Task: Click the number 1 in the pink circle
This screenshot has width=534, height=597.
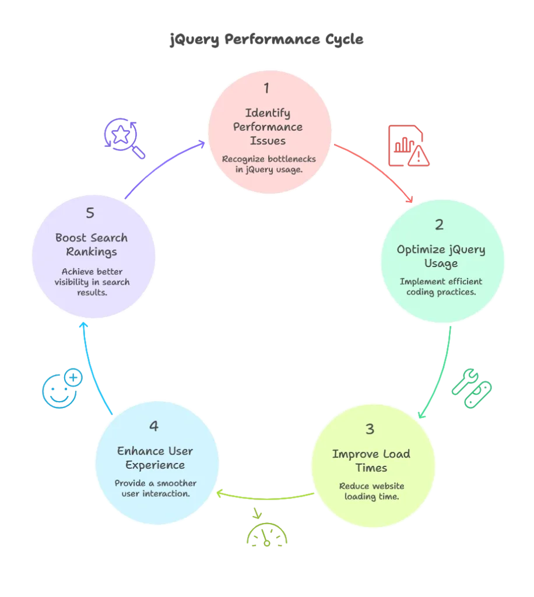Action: pos(266,89)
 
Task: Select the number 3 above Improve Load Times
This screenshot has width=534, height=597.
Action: pos(370,430)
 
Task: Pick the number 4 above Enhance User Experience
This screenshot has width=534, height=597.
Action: pos(154,427)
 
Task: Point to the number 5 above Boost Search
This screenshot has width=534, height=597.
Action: pos(90,213)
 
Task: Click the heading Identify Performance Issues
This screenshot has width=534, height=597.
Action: pos(266,127)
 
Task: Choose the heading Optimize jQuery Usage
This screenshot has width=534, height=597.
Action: pos(441,257)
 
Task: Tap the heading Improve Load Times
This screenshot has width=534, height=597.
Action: pos(371,461)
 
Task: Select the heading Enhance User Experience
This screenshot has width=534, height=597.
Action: pos(155,458)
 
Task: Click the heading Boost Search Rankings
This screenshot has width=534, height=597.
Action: pos(91,245)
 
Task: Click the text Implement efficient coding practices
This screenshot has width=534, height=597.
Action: pos(441,287)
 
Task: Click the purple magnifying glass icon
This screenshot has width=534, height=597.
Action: pos(124,138)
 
